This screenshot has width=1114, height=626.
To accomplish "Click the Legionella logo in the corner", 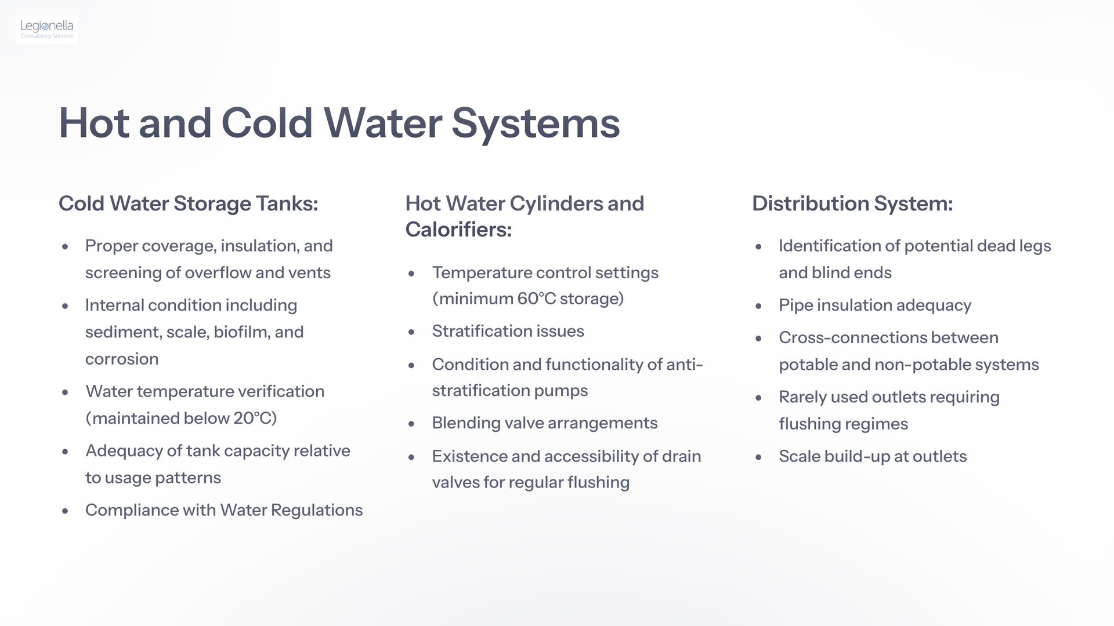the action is (47, 29).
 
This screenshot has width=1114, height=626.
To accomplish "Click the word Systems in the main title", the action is (536, 123).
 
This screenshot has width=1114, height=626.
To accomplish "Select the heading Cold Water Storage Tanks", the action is (189, 203).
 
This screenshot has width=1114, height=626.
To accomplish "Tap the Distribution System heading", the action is (852, 203).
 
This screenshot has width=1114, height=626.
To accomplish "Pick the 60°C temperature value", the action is (537, 299).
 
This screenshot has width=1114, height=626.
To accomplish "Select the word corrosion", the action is (122, 359).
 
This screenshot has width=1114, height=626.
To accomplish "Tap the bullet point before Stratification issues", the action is (411, 332).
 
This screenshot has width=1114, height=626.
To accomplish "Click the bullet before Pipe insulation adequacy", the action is (758, 306).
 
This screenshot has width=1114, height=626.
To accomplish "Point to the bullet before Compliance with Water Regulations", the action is (65, 511).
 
